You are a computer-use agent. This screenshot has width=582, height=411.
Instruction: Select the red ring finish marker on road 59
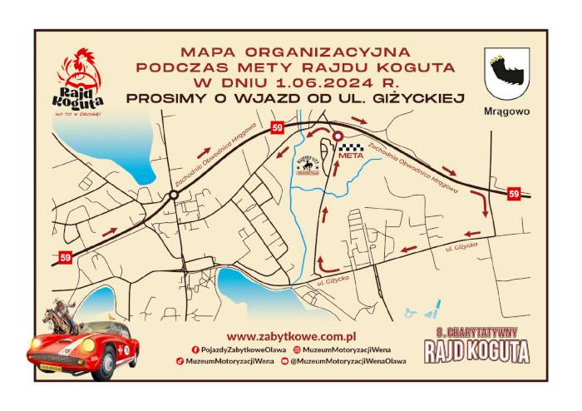click(x=338, y=137)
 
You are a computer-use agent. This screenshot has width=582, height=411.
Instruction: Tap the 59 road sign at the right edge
click(x=514, y=194)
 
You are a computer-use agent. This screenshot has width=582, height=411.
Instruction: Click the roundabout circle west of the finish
click(x=174, y=195)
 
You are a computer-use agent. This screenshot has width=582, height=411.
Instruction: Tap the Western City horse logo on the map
click(x=309, y=165)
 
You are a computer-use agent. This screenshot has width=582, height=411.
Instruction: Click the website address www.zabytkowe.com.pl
click(x=291, y=336)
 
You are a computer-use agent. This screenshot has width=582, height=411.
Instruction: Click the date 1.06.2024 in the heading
click(x=280, y=82)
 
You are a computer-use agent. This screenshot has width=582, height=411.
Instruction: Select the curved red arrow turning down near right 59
click(x=479, y=201)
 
